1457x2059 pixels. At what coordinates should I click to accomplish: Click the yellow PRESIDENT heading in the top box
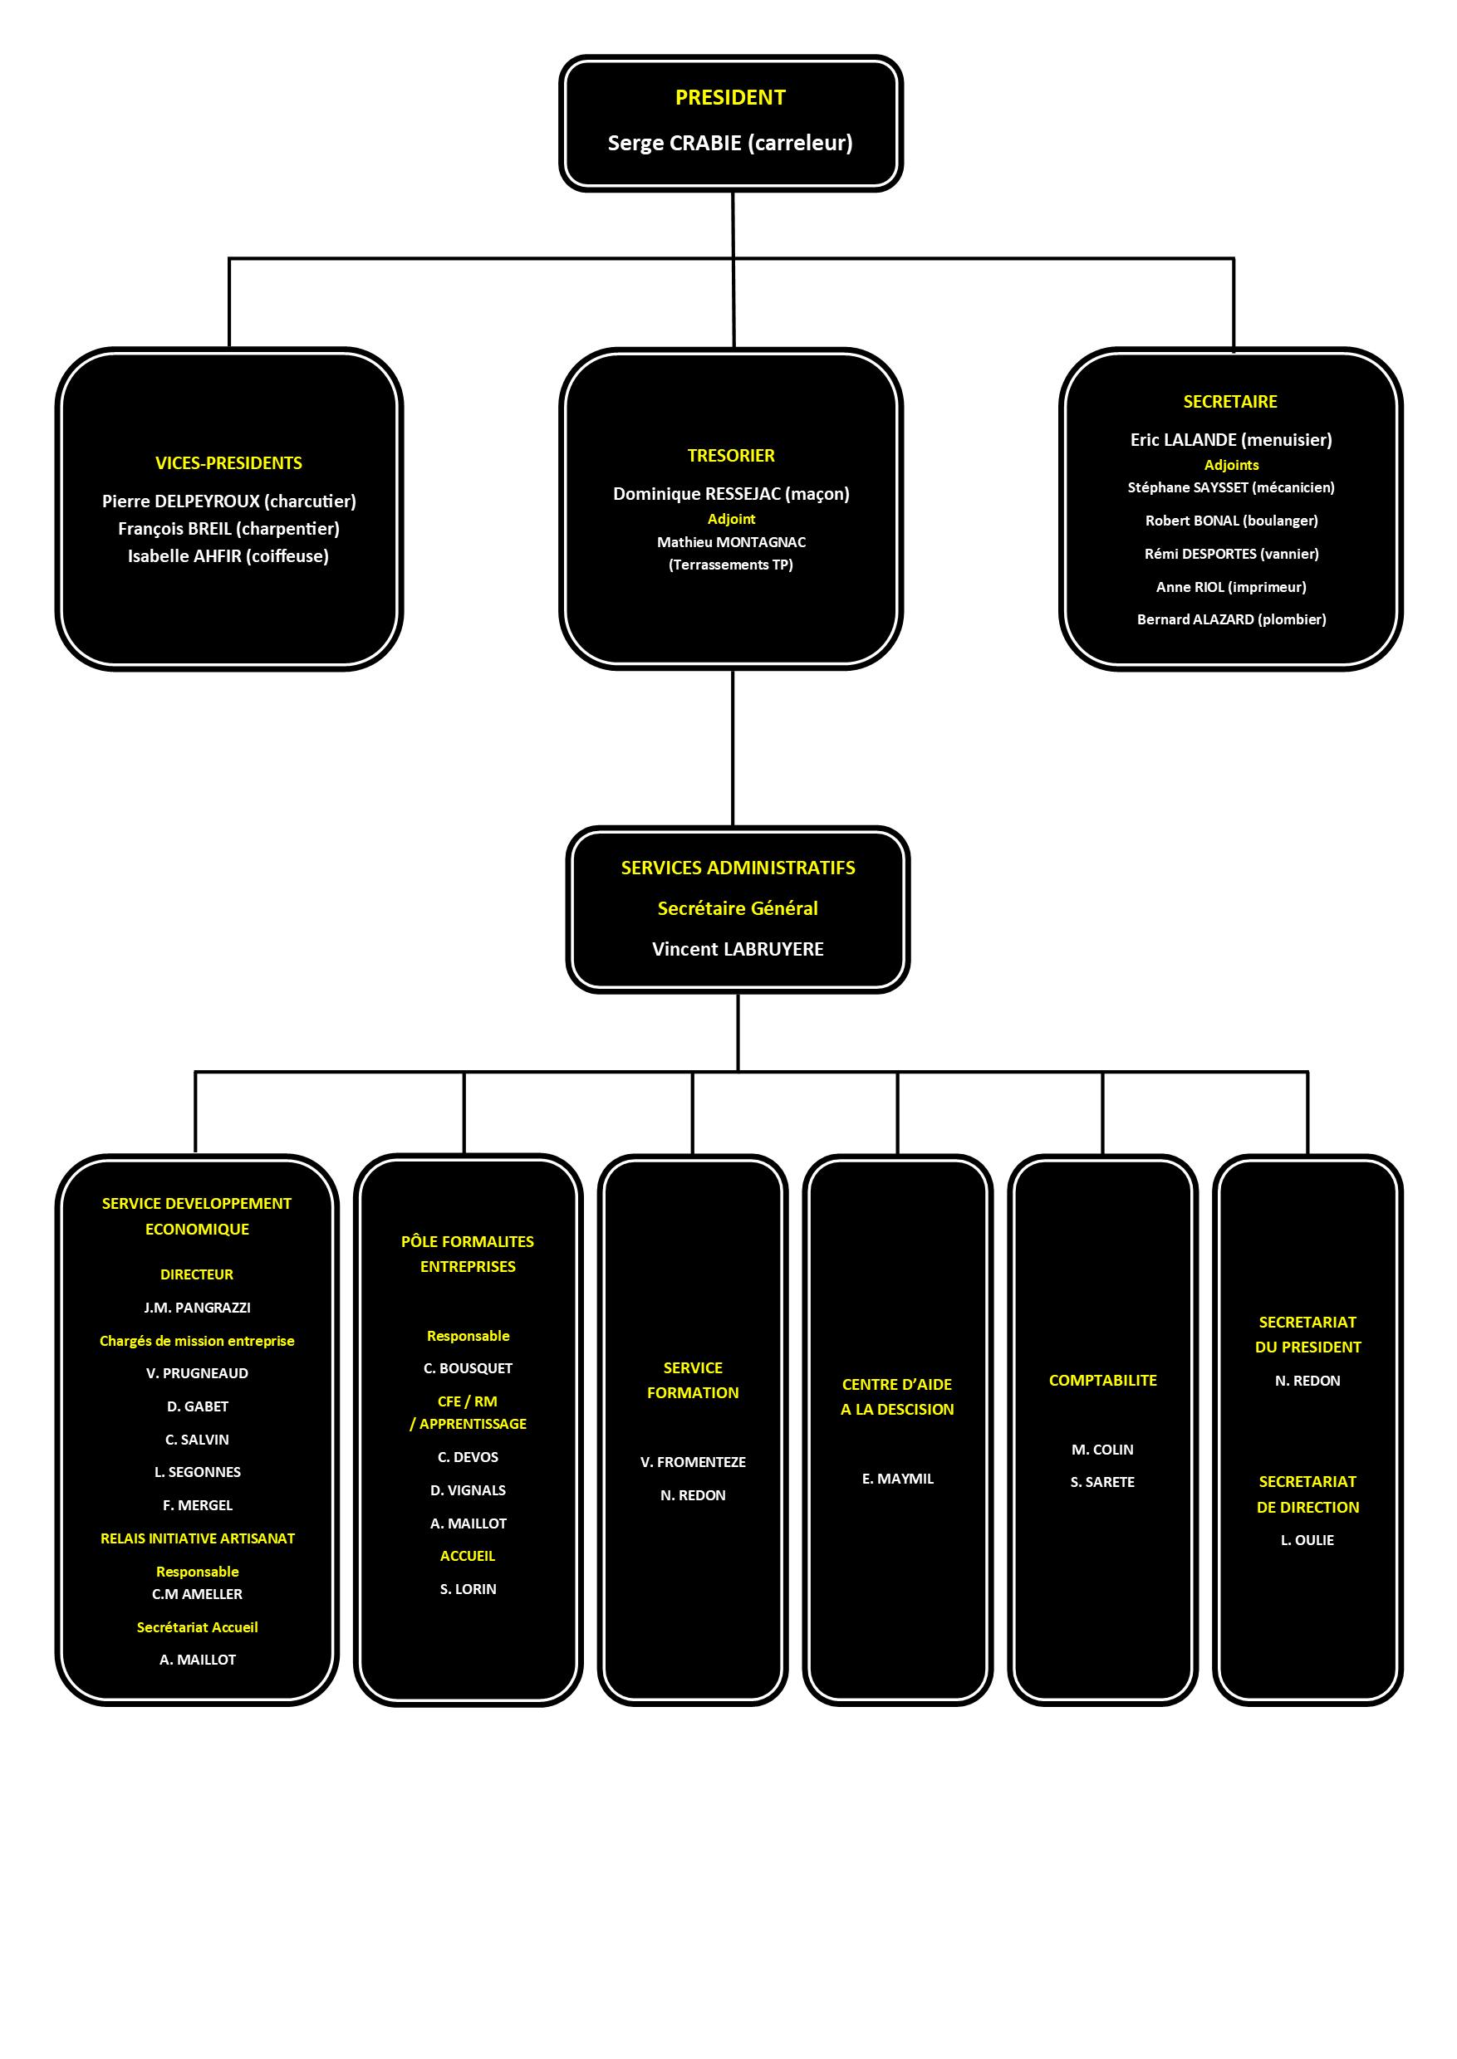(x=730, y=98)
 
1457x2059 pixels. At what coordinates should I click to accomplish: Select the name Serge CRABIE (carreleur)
(x=730, y=144)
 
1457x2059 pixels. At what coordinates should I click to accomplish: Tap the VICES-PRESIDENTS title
(x=228, y=463)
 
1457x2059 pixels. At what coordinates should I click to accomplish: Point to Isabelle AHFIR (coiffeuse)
(x=228, y=556)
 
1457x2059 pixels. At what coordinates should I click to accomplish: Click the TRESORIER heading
(x=731, y=456)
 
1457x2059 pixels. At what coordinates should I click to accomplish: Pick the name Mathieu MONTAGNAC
(x=731, y=542)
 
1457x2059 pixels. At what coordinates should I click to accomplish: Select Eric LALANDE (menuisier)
(x=1231, y=440)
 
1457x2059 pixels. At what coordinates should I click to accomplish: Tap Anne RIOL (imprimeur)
(x=1231, y=587)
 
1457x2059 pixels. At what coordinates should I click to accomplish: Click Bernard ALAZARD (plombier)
(x=1232, y=619)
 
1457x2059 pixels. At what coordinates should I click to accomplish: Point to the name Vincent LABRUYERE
(x=738, y=949)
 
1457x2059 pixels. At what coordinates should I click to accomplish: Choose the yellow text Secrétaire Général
(x=738, y=908)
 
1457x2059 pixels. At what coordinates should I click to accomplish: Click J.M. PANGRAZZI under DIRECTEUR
(x=198, y=1308)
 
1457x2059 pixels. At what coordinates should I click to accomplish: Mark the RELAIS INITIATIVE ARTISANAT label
(x=198, y=1538)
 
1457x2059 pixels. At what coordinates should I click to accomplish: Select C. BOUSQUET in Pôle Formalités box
(x=468, y=1368)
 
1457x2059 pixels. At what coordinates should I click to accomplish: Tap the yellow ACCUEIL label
(x=468, y=1556)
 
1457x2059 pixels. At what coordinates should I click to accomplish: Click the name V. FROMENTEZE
(x=693, y=1462)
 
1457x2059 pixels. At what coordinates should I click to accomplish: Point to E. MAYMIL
(x=897, y=1479)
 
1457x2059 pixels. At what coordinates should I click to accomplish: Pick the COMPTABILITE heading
(x=1102, y=1380)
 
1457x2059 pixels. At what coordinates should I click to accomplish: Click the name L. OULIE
(x=1307, y=1540)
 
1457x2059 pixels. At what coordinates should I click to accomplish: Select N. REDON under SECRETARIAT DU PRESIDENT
(x=1307, y=1381)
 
